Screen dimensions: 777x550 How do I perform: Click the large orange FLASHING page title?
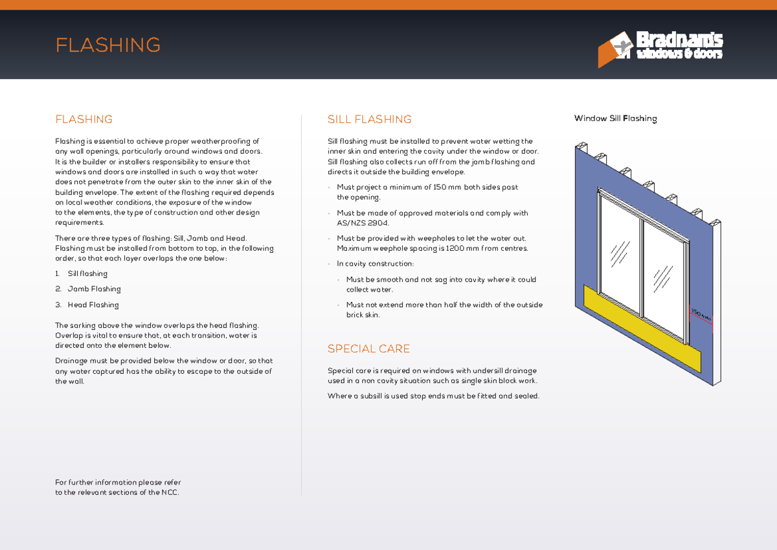[x=108, y=45]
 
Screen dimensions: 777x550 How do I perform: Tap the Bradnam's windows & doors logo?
[x=660, y=48]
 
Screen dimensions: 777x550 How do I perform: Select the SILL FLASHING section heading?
[x=369, y=119]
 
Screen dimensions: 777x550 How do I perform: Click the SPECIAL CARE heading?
[x=368, y=349]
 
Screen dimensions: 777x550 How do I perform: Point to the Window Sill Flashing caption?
[x=616, y=119]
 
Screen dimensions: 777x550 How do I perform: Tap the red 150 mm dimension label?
[x=701, y=315]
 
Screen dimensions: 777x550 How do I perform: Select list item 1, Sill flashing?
[x=87, y=274]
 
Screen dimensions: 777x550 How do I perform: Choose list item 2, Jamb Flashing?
[x=94, y=289]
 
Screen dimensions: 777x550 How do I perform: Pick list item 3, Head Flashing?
[x=93, y=305]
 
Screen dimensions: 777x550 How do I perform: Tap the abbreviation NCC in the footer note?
[x=169, y=492]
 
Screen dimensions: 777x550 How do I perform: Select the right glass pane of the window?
[x=663, y=276]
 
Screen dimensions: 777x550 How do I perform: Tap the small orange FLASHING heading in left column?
[x=84, y=119]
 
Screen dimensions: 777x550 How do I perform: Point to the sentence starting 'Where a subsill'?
[x=433, y=396]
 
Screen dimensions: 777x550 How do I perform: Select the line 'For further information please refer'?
[x=118, y=483]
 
